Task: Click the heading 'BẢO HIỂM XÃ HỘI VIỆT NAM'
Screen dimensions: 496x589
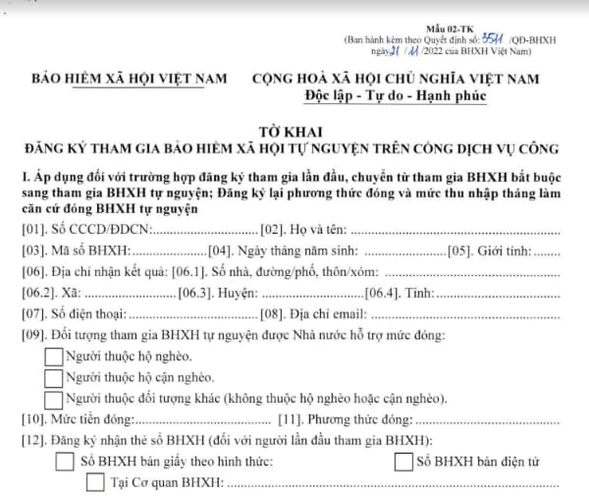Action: click(x=130, y=77)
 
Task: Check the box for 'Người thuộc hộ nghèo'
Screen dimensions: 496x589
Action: click(x=54, y=357)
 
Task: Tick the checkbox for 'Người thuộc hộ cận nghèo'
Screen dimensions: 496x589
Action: click(x=54, y=378)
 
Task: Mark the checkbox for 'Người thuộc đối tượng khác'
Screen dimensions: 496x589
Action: click(x=54, y=399)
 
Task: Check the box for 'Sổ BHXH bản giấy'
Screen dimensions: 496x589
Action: click(x=65, y=461)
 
